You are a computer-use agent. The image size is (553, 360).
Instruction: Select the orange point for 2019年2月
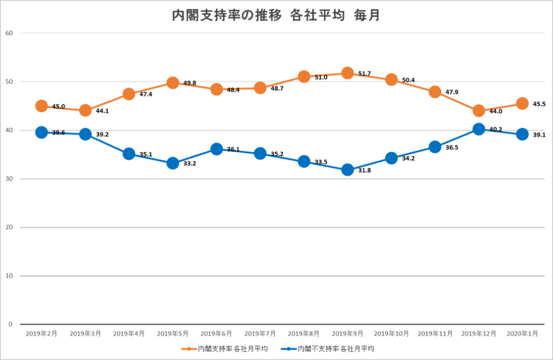click(42, 106)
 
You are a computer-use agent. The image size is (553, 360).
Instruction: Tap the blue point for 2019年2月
click(42, 132)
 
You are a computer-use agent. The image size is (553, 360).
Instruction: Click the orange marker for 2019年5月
click(173, 83)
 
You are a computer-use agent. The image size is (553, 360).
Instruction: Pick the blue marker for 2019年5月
click(173, 163)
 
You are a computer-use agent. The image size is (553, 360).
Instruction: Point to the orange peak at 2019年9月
click(348, 73)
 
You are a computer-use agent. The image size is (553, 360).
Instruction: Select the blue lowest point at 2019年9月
click(348, 169)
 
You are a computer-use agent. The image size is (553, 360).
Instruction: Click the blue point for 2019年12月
click(478, 128)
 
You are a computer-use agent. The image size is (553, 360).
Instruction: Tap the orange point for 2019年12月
click(478, 111)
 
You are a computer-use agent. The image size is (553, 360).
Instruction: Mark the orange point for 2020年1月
click(522, 103)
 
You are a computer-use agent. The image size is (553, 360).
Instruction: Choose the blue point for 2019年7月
click(260, 154)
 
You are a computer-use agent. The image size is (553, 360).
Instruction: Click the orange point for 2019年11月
click(435, 92)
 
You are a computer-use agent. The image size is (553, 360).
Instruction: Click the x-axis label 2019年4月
click(129, 334)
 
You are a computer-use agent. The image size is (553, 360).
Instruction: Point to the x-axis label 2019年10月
click(392, 334)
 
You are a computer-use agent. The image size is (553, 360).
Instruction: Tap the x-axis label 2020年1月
click(522, 334)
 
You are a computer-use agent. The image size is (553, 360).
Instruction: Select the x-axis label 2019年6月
click(216, 334)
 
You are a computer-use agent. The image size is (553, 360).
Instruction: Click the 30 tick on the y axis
click(9, 179)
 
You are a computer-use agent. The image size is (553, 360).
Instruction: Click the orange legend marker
click(189, 349)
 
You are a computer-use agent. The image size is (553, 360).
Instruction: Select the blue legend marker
click(289, 349)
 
